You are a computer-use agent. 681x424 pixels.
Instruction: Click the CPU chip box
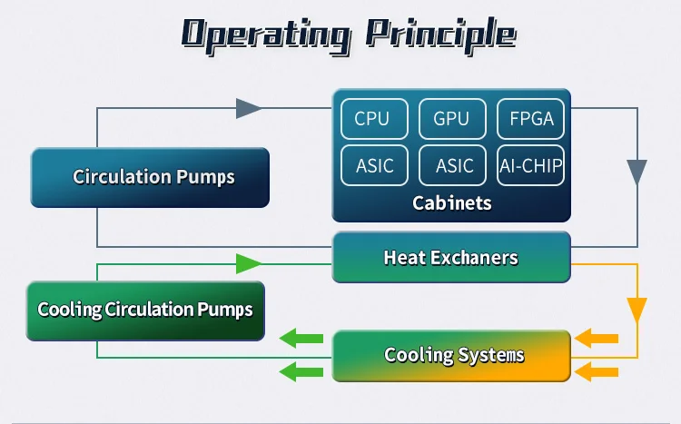[x=372, y=119]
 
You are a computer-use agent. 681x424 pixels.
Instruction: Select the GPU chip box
[x=451, y=119]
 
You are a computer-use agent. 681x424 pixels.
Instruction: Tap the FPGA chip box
[x=531, y=119]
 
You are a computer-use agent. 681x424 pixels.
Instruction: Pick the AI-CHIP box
[x=531, y=165]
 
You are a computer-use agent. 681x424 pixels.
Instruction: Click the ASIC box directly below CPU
[x=372, y=165]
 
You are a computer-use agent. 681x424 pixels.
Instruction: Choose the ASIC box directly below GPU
[x=451, y=165]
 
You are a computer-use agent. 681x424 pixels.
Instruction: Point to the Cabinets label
[x=451, y=202]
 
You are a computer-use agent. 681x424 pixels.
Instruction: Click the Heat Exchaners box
[x=450, y=257]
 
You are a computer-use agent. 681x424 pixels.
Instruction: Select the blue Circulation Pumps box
[x=151, y=177]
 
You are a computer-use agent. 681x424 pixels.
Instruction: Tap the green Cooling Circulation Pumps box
[x=145, y=310]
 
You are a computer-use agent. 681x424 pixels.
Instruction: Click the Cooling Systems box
[x=451, y=354]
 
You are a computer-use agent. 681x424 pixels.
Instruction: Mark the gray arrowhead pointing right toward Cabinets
[x=249, y=108]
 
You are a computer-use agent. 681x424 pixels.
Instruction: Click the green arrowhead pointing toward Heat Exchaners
[x=249, y=264]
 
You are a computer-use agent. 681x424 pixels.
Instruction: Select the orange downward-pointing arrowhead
[x=637, y=309]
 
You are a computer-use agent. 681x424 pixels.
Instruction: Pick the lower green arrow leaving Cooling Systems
[x=301, y=370]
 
